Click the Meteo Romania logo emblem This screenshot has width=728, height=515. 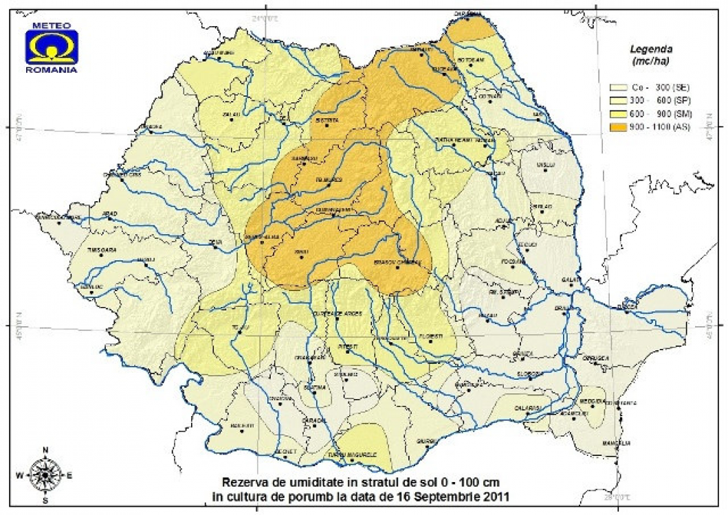(x=52, y=47)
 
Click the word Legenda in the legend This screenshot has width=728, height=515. (x=650, y=49)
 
